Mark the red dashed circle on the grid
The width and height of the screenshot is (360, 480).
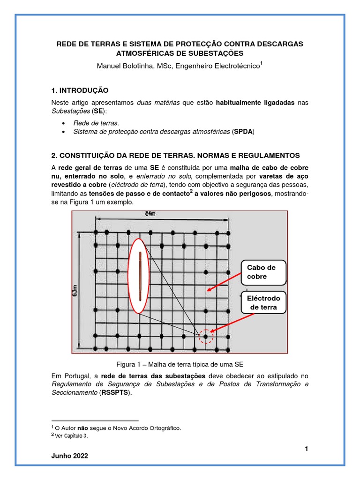(205, 336)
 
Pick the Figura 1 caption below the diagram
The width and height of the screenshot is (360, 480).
(180, 364)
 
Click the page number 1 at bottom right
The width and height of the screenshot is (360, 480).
(306, 449)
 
